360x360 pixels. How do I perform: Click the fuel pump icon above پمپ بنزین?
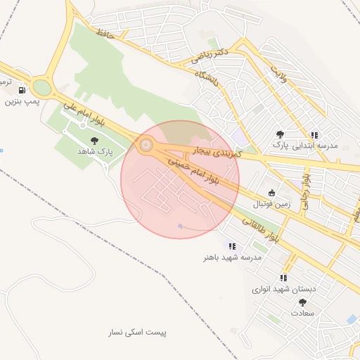point(22,90)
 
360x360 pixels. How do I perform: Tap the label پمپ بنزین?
point(20,102)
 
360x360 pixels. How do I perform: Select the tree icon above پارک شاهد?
point(94,140)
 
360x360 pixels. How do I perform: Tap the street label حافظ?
point(105,32)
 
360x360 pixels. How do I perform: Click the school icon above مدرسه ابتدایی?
point(315,134)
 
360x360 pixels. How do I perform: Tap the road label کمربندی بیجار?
point(217,152)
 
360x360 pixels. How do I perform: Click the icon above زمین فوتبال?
point(271,193)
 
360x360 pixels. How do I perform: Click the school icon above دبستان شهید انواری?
point(283,278)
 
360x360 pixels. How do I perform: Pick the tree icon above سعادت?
point(302,302)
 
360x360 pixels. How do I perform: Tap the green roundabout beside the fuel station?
point(41,88)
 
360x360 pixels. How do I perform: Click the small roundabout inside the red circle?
point(146,146)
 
